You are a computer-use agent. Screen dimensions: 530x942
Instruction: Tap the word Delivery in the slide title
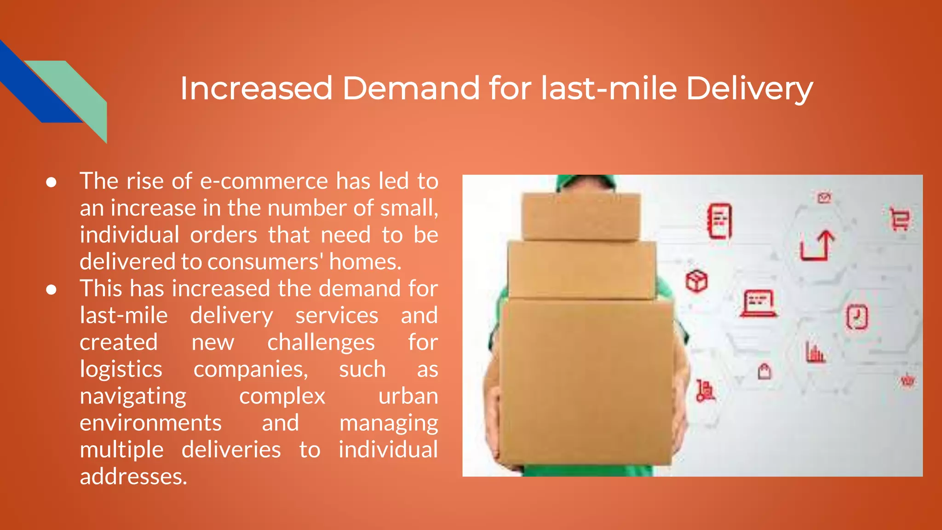[749, 89]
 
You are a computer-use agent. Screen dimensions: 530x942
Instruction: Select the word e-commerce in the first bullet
[264, 181]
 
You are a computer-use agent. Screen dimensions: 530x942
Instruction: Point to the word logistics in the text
[121, 369]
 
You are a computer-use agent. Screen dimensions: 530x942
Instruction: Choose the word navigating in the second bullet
[133, 397]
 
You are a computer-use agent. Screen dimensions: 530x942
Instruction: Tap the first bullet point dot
[51, 182]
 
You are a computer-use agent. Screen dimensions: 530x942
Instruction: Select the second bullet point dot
[51, 290]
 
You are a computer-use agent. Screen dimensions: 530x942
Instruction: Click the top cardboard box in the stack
[580, 216]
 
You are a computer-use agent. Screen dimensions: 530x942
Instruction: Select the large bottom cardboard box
[586, 382]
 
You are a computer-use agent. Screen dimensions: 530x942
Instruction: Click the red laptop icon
[758, 303]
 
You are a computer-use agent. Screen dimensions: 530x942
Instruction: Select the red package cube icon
[696, 281]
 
